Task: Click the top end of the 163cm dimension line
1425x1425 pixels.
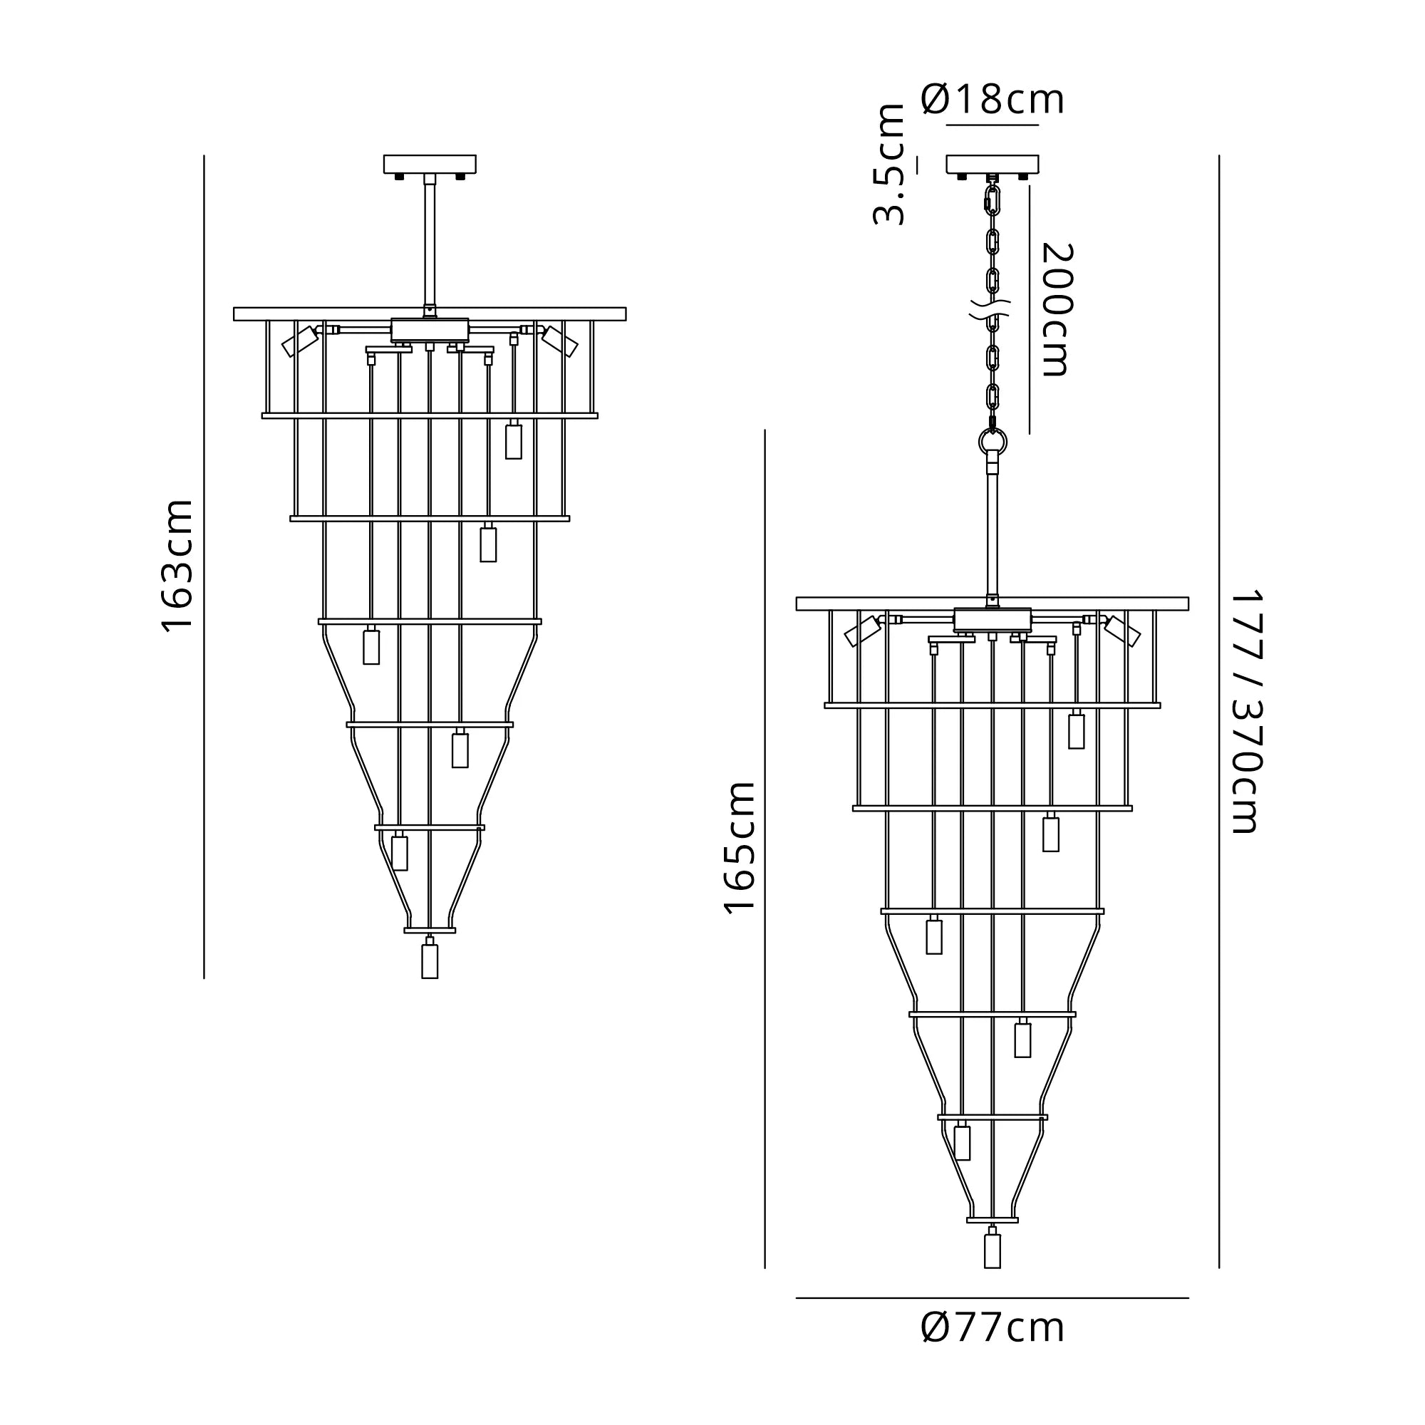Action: [204, 155]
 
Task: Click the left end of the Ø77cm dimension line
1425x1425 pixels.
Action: [797, 1298]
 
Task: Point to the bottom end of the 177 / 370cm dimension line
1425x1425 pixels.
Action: [1219, 1269]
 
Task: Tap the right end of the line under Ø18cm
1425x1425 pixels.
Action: [1039, 125]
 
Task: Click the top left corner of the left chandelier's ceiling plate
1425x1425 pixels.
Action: [384, 155]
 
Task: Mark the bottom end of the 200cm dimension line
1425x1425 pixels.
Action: [1030, 434]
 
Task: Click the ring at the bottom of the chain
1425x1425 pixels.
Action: [993, 442]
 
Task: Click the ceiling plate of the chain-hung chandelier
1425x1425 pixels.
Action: [993, 165]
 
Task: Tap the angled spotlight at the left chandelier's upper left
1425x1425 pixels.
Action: [300, 341]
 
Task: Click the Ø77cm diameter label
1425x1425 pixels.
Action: [993, 1327]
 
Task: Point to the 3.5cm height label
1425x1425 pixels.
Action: [888, 164]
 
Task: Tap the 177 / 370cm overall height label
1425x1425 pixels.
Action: [1246, 712]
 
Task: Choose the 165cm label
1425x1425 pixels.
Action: [740, 848]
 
